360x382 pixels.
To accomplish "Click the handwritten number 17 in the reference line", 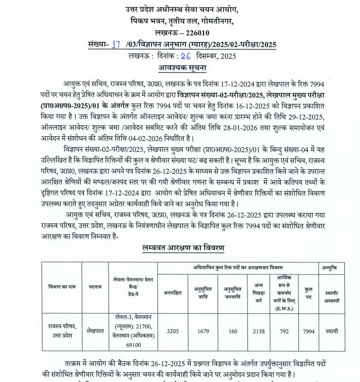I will pos(117,44).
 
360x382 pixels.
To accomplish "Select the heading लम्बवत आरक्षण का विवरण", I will pos(183,248).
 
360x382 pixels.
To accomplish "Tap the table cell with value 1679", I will pos(202,332).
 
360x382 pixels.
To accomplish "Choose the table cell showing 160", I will pos(233,332).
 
